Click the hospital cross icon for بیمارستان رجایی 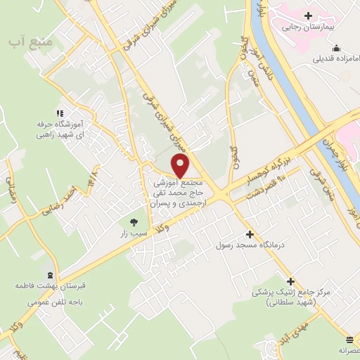click(308, 15)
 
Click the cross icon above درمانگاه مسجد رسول click(248, 234)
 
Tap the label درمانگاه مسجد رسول click(249, 246)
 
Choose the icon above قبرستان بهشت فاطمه click(49, 275)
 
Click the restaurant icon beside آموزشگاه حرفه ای click(60, 112)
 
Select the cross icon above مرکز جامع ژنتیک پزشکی click(290, 281)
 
